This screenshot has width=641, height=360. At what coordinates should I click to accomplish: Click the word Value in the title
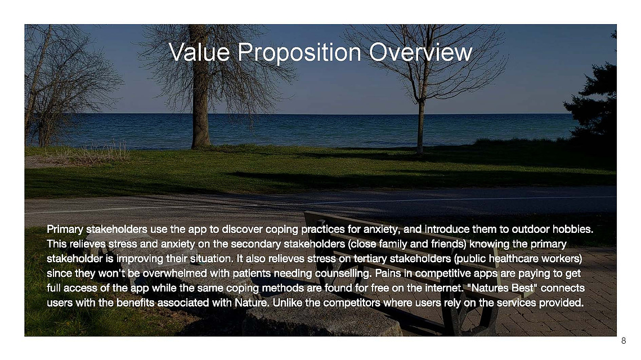pos(199,52)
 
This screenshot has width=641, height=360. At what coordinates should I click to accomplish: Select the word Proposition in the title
pos(299,53)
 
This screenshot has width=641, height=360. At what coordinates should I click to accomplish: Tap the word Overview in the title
pos(420,52)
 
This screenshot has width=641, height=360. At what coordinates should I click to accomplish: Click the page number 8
pos(624,341)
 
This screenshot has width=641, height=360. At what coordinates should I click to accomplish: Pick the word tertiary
pos(370,259)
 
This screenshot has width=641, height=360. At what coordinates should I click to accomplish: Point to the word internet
pos(445,288)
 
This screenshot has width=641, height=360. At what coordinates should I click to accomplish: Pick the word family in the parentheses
pos(394,244)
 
